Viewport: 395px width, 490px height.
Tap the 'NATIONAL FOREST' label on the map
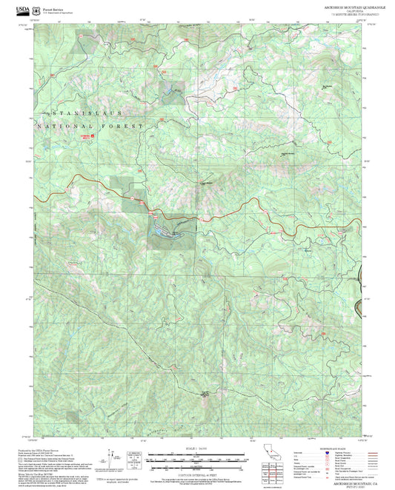click(x=87, y=127)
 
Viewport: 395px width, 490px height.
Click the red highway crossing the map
click(x=222, y=215)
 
